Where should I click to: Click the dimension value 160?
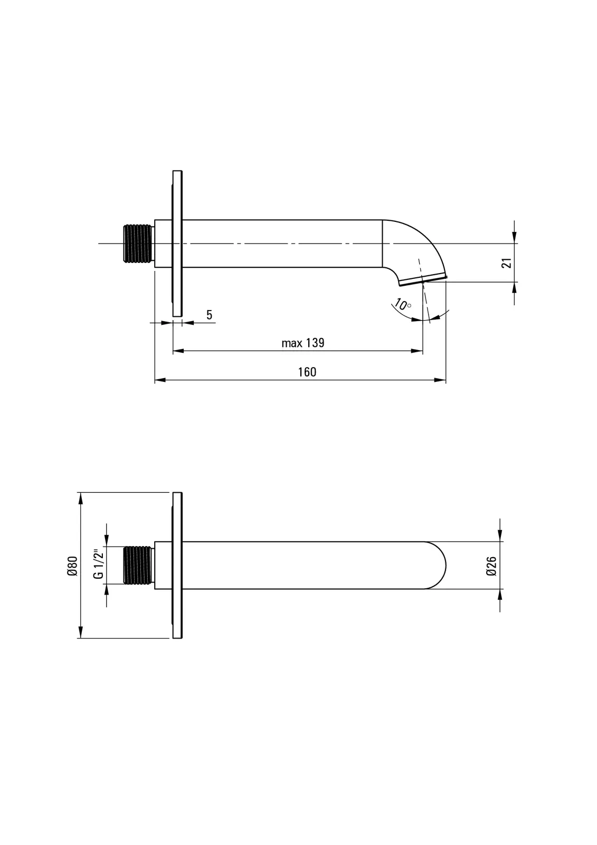coord(307,372)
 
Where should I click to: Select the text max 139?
coord(303,343)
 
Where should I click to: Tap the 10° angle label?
coord(402,304)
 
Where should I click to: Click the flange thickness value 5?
coord(210,315)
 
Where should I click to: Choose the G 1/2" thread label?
coord(98,565)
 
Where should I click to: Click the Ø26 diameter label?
coord(491,566)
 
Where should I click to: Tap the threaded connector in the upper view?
coord(139,243)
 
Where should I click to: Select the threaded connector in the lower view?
coord(139,566)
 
